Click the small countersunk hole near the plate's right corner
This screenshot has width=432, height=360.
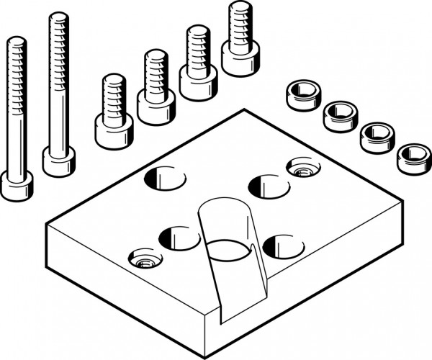click(x=300, y=168)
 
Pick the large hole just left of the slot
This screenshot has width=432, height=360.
click(x=178, y=235)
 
